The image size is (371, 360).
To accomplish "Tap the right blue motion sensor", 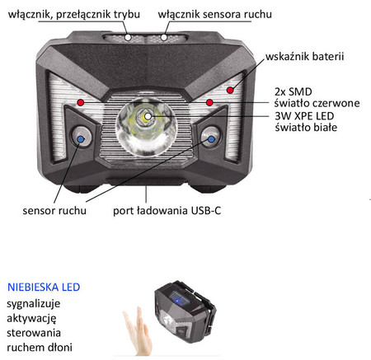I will pos(211,139).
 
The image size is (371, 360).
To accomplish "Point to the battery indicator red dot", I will pos(232,86).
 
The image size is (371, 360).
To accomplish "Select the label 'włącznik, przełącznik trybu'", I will pos(70,15).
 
